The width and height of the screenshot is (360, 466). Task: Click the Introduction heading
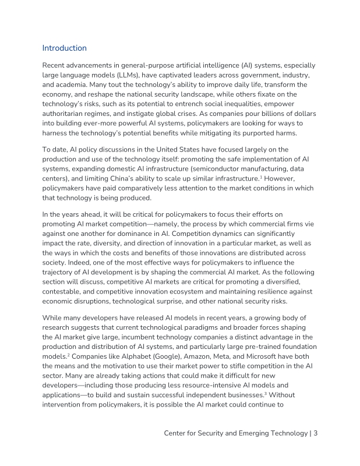65,48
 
